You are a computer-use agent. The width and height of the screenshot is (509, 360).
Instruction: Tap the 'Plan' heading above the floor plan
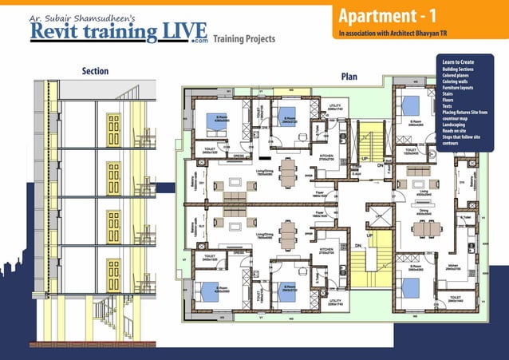(x=349, y=77)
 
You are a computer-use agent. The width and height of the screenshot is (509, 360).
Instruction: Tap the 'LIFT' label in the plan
(x=379, y=216)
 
